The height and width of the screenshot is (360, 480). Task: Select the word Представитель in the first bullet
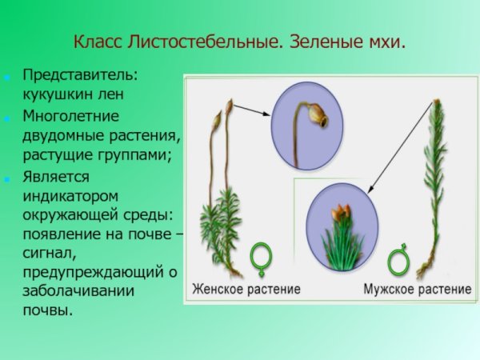[x=79, y=74]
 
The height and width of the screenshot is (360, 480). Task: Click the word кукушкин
[x=56, y=92]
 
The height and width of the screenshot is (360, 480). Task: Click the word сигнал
[x=47, y=254]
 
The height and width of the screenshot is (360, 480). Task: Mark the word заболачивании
[x=78, y=290]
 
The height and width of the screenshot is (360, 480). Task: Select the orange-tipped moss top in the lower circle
[x=342, y=214]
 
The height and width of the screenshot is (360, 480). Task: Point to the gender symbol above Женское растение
[x=261, y=258]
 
